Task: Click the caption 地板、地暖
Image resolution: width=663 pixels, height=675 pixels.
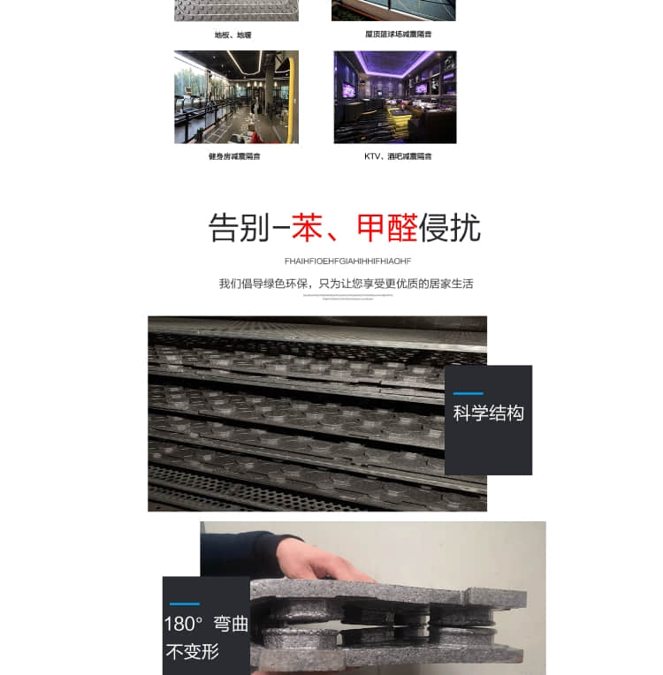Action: [x=232, y=35]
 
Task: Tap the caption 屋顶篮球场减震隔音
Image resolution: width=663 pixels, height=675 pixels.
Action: [x=398, y=34]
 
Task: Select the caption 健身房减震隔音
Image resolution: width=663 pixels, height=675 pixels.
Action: [x=234, y=156]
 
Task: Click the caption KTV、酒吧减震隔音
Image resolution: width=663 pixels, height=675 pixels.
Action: [x=398, y=156]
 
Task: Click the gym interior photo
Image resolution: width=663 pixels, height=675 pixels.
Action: [x=236, y=97]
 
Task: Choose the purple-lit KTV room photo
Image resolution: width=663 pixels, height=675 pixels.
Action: [x=395, y=97]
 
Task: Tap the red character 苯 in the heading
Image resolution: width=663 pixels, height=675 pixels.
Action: [x=307, y=228]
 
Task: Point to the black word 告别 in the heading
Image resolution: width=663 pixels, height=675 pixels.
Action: [x=239, y=228]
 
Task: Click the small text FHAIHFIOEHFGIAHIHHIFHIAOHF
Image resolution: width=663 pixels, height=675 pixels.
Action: [x=347, y=261]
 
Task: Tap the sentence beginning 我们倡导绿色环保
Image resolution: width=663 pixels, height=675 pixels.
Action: [x=346, y=284]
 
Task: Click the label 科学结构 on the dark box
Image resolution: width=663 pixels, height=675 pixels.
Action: [x=488, y=413]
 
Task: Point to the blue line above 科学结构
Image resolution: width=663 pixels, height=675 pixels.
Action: [x=468, y=393]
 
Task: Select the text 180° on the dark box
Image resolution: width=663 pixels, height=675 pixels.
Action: [x=183, y=624]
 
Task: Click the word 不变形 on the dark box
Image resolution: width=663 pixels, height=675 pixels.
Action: [x=192, y=653]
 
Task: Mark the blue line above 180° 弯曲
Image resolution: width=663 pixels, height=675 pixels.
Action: [x=183, y=603]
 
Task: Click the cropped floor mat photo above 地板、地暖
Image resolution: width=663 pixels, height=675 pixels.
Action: [x=236, y=10]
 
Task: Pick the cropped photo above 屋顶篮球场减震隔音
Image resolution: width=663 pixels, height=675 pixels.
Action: [x=393, y=10]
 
